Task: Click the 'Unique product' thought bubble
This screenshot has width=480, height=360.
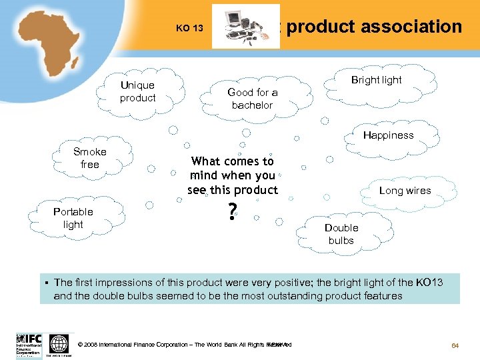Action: [137, 91]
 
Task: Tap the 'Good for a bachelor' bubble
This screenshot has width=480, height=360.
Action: [252, 99]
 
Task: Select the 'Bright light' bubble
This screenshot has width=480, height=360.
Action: [376, 81]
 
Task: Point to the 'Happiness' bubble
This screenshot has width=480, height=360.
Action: [388, 135]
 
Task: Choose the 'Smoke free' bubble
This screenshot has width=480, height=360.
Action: [89, 158]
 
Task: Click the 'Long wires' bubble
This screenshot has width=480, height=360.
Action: [405, 191]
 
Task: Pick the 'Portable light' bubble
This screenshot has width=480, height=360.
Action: [73, 218]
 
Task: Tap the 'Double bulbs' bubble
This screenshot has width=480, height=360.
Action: [341, 234]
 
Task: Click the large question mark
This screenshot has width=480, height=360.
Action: [231, 212]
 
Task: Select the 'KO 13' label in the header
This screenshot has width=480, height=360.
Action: [189, 28]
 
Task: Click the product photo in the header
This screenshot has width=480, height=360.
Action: [245, 27]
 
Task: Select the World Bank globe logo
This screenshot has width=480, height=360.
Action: [59, 344]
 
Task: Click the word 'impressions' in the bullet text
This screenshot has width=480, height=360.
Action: [127, 283]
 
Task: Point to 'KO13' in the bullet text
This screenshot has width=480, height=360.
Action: [429, 283]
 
